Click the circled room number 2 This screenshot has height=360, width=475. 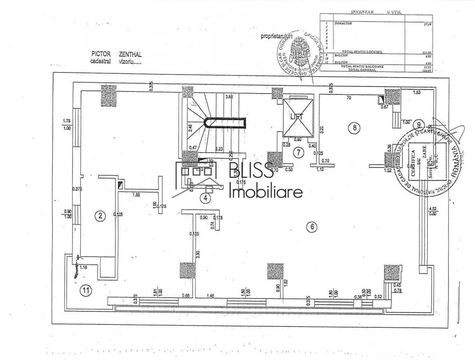point(100,216)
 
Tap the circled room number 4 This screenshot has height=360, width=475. point(205,198)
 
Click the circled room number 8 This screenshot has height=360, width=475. point(354,128)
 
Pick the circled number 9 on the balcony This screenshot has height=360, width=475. point(419,123)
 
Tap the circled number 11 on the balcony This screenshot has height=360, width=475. point(85,291)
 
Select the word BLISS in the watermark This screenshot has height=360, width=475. point(251,171)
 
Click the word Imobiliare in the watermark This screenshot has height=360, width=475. point(266,193)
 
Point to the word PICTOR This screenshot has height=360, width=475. point(101,54)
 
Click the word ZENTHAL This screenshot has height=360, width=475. point(130,54)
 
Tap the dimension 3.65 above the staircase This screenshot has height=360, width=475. point(229,97)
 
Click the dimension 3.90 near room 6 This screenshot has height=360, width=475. point(197,254)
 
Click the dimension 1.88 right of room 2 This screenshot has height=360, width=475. point(136,195)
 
